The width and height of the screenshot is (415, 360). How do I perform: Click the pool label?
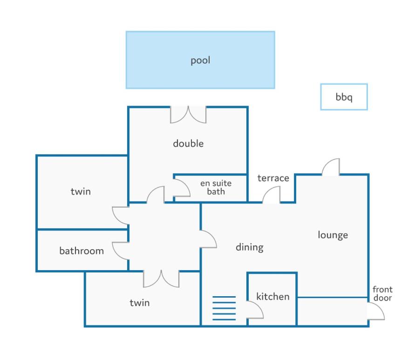(x=200, y=61)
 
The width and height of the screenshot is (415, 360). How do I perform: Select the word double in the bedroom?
(x=188, y=143)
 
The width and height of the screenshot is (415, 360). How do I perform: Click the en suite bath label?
(x=216, y=187)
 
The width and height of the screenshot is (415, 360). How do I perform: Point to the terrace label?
(x=273, y=178)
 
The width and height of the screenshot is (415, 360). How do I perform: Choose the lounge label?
(x=333, y=235)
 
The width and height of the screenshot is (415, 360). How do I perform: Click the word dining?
(x=250, y=247)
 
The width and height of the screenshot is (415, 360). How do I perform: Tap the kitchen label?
(x=273, y=297)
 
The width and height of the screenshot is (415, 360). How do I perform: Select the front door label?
(x=382, y=293)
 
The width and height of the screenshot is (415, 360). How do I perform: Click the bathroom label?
(x=82, y=251)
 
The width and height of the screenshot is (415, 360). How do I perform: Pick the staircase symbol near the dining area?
(x=224, y=308)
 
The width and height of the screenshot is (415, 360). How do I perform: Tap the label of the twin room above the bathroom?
(x=81, y=191)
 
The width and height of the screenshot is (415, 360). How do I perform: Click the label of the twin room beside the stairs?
(x=139, y=303)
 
